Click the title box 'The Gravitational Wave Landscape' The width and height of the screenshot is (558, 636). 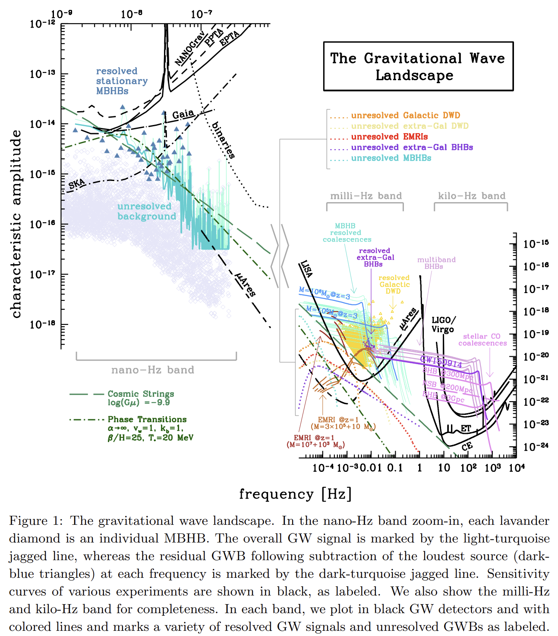418,66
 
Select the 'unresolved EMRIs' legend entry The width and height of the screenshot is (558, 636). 389,137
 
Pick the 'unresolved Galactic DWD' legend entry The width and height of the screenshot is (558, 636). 405,115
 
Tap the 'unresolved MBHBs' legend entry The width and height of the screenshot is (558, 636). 391,158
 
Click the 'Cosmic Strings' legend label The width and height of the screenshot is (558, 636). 141,394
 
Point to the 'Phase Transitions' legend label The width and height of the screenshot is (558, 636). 147,419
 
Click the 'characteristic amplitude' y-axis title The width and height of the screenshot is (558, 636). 16,224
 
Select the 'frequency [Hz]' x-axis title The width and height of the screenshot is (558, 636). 295,494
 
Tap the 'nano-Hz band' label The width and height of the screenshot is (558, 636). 153,370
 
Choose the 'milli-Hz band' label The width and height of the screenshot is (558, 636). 366,196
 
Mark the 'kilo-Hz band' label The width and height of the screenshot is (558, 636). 472,196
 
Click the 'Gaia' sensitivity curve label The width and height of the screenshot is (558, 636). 183,114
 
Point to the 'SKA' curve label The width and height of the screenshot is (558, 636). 77,184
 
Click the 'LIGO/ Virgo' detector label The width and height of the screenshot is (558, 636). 443,324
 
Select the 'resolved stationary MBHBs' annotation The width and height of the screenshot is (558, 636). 121,81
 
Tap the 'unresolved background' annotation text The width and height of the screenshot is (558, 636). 147,211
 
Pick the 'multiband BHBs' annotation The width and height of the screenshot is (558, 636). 436,263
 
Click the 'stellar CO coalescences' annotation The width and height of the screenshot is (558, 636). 482,340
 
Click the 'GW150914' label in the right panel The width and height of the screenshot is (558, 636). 441,362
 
